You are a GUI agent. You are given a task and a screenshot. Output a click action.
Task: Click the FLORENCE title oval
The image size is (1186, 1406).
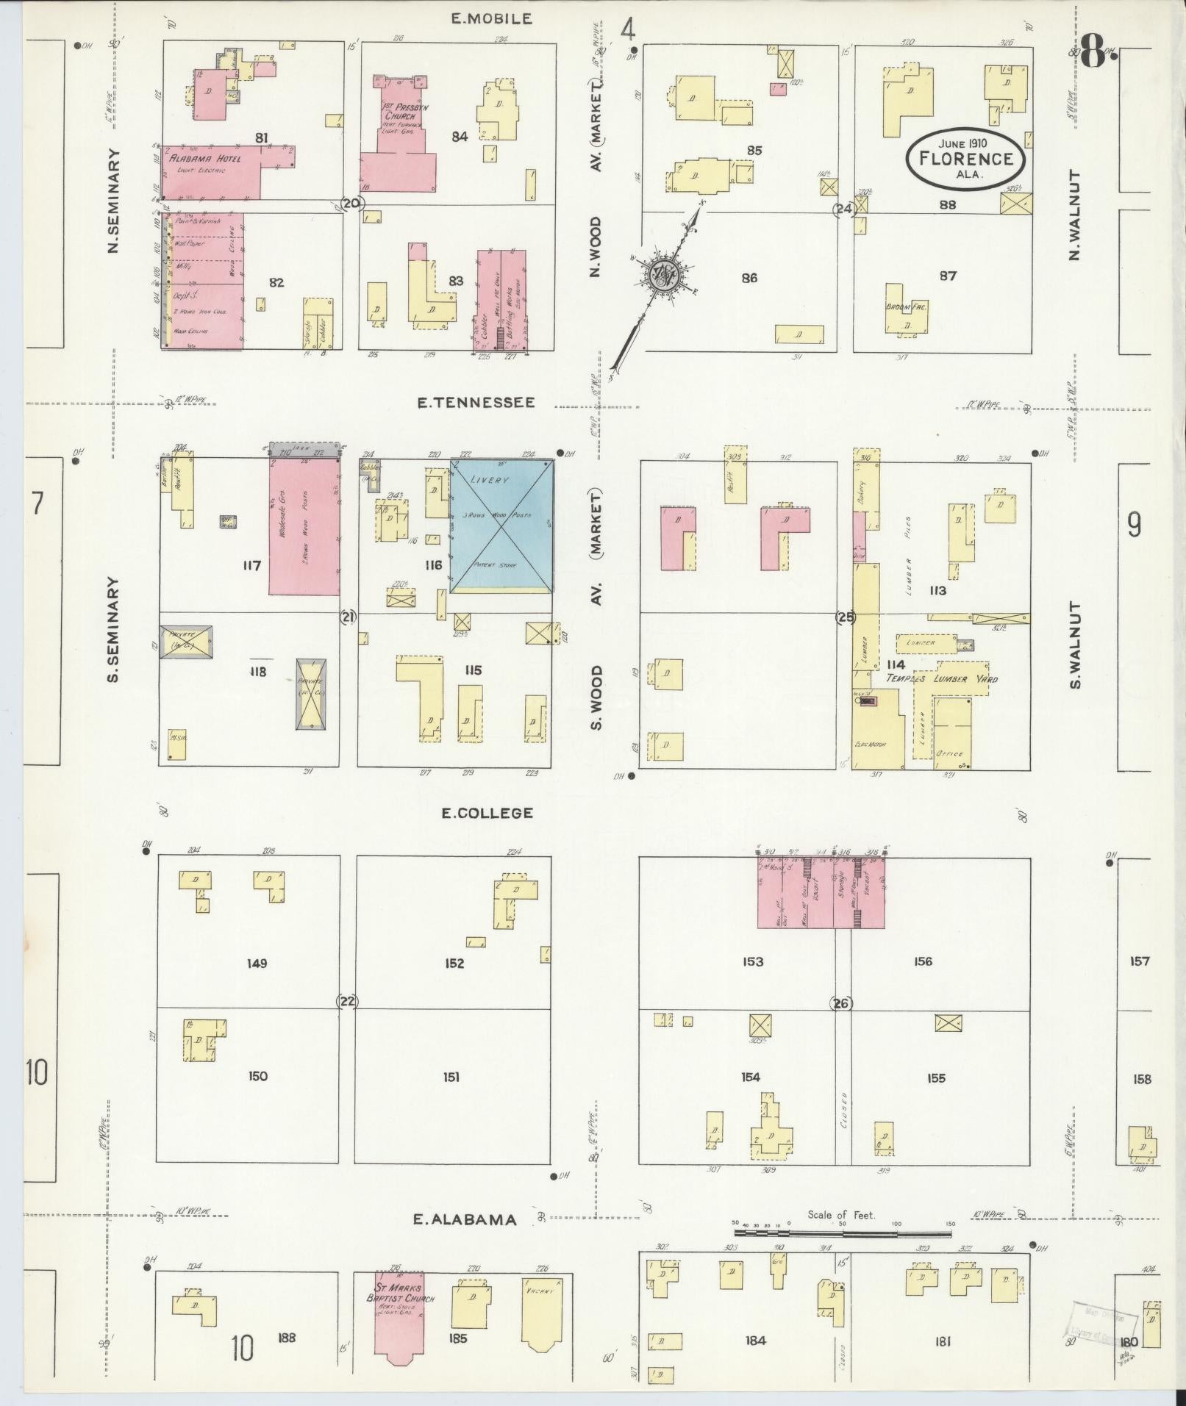(964, 157)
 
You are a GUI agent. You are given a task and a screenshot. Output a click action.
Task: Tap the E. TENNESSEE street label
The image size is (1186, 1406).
(475, 403)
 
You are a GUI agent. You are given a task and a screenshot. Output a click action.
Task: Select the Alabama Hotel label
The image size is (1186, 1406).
(198, 159)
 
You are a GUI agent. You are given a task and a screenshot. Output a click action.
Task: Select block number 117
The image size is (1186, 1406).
(251, 566)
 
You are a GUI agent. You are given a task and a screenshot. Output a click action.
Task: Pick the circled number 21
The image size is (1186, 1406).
(349, 617)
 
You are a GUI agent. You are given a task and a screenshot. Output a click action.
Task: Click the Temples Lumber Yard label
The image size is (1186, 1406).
(941, 678)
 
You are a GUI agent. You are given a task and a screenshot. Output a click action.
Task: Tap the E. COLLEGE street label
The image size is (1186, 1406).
(487, 813)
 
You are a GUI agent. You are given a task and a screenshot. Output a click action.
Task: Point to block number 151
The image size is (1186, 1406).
(451, 1077)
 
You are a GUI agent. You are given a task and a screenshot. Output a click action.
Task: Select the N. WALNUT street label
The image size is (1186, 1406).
(1074, 215)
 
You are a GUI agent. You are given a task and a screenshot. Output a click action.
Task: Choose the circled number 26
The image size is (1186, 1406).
(841, 1003)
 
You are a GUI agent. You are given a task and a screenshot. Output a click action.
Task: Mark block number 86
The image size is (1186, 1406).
(749, 278)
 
